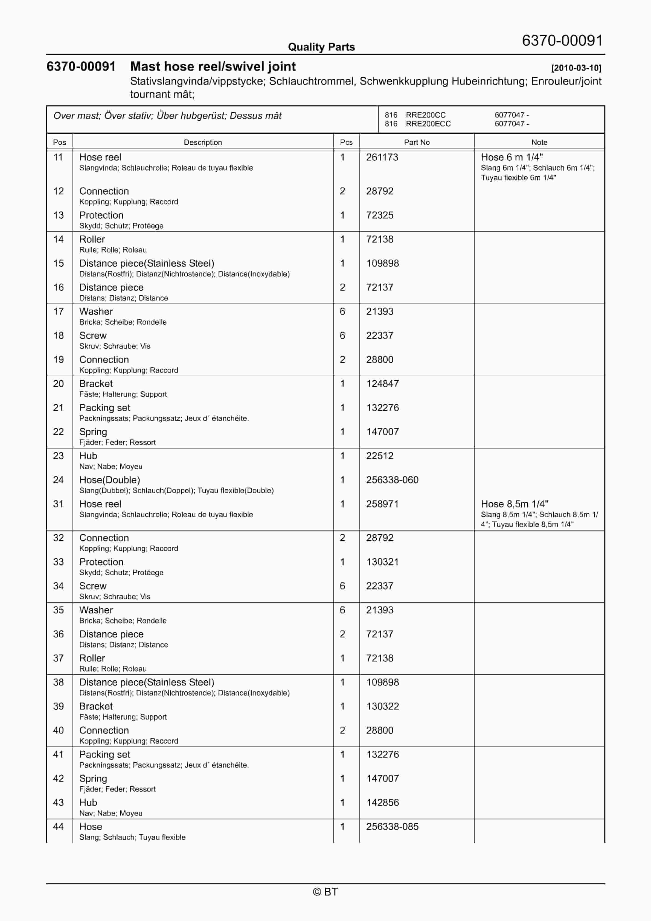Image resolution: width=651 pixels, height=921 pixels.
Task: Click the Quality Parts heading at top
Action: click(x=321, y=47)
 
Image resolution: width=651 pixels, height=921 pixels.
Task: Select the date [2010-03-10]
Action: click(x=576, y=68)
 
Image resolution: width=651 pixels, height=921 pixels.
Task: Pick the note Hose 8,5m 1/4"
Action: click(x=515, y=504)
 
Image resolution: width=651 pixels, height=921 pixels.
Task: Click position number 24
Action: click(x=59, y=480)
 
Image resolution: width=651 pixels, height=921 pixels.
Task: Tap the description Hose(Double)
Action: click(x=110, y=480)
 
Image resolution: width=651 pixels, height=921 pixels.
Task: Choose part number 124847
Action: click(x=382, y=383)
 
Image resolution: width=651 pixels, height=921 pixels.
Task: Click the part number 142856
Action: click(x=382, y=802)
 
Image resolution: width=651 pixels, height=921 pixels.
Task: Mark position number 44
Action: click(x=59, y=826)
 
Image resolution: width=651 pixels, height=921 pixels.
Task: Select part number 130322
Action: click(x=382, y=706)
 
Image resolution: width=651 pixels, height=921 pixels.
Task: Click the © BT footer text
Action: click(x=325, y=892)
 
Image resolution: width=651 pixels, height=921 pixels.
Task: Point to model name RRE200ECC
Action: click(x=428, y=124)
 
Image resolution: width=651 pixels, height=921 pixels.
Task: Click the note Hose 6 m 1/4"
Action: click(x=512, y=157)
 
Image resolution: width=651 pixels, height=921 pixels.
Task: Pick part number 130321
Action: click(x=382, y=562)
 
